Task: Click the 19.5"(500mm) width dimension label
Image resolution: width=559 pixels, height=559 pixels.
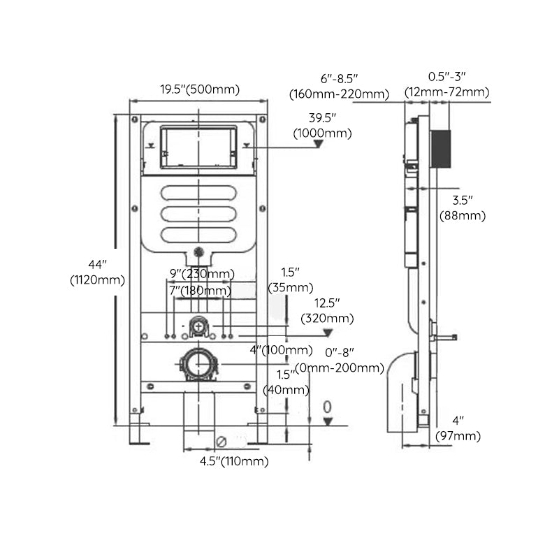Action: pos(199,89)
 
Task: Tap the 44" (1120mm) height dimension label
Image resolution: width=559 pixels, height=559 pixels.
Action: pos(97,273)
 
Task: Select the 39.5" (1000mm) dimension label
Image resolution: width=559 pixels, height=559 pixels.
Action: pos(322,125)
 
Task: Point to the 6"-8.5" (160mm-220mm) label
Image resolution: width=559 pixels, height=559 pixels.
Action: pos(339,87)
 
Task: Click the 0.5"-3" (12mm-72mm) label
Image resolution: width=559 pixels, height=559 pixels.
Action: pos(447,85)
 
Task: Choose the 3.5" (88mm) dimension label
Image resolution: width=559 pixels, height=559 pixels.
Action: pos(462,209)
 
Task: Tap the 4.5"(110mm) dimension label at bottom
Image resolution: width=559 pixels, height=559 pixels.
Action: pos(233,461)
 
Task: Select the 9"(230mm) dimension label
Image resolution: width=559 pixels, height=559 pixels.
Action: pos(202,273)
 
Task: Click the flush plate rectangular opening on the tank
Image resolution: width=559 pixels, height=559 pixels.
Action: pos(199,147)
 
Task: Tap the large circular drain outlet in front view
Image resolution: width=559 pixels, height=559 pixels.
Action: pos(199,364)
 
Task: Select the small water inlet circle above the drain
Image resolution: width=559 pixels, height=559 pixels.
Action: pos(199,326)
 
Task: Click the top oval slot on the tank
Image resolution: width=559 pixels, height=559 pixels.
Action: pos(199,194)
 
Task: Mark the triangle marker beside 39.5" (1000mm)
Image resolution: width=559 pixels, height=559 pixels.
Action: pos(319,145)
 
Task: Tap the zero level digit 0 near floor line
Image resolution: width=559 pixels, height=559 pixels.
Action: pos(326,407)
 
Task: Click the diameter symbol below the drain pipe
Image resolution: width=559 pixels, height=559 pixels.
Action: pos(221,442)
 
